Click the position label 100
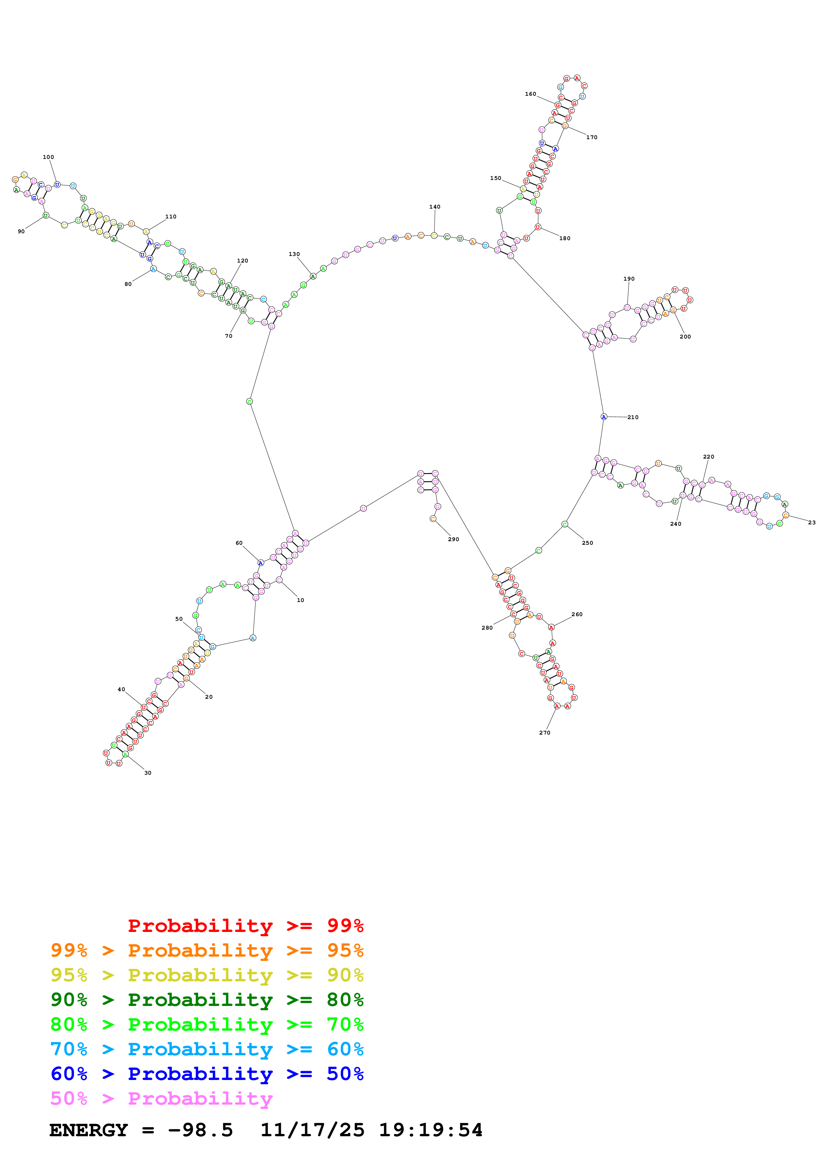click(48, 157)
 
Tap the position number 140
click(435, 207)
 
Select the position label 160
click(530, 94)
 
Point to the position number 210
click(633, 417)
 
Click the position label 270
click(544, 733)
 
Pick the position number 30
click(148, 773)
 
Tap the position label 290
click(454, 539)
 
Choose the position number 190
click(629, 279)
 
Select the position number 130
click(294, 254)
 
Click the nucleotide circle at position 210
click(604, 417)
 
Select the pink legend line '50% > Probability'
click(161, 1099)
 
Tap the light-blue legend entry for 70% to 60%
click(207, 1049)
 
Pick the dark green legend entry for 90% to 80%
click(207, 1000)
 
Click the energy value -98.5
click(200, 1130)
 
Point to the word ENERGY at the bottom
click(89, 1130)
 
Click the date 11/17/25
click(312, 1130)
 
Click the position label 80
click(128, 284)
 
